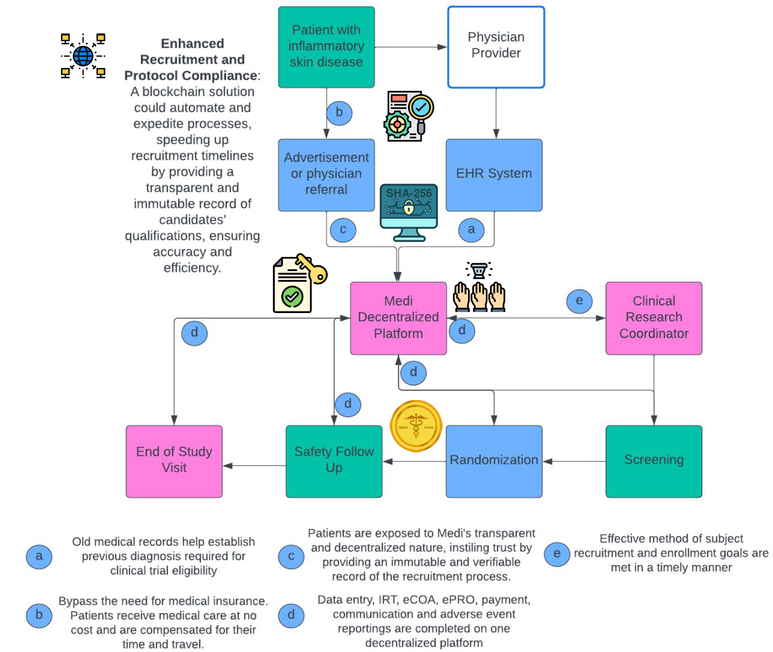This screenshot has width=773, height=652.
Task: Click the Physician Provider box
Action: (496, 47)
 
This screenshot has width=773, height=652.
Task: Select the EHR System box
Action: (494, 175)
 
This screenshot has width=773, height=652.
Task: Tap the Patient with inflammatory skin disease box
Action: (326, 47)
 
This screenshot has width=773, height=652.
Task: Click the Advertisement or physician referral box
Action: (326, 175)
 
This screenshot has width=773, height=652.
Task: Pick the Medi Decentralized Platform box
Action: (398, 318)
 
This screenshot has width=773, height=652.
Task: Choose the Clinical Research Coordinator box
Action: (654, 318)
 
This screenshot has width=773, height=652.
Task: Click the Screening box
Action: (654, 461)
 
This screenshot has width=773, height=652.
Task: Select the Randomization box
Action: (494, 461)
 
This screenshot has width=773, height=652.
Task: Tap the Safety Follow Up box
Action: (334, 461)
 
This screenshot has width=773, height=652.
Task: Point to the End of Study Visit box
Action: (174, 461)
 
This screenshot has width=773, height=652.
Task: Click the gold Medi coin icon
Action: (416, 426)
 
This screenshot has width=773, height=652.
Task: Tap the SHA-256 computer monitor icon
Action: (409, 212)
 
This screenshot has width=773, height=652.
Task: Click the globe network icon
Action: (83, 56)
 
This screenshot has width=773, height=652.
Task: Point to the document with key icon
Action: (298, 283)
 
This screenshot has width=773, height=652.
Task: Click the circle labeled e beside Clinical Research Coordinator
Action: (579, 301)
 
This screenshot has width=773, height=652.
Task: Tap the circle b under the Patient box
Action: (339, 113)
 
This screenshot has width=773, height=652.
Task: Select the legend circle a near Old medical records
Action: (39, 556)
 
